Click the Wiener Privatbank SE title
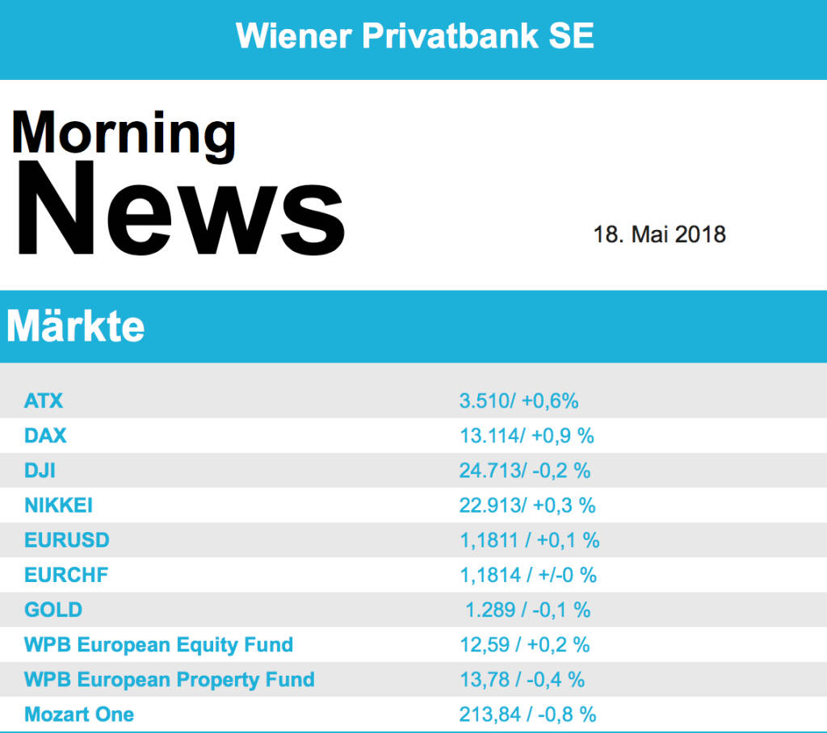point(414,36)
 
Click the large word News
point(178,211)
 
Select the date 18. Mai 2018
point(659,235)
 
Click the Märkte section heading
point(76,327)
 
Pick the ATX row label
point(44,400)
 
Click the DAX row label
point(45,435)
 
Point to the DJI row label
point(40,470)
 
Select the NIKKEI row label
point(58,505)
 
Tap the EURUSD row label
point(66,540)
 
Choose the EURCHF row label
point(66,575)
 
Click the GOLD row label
point(53,609)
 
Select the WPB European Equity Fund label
point(158,645)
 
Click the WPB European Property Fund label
point(169,680)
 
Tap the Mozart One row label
point(79,714)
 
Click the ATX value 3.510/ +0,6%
point(518,400)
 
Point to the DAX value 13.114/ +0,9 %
point(527,435)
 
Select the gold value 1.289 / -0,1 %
point(527,609)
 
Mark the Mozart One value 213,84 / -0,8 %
point(527,714)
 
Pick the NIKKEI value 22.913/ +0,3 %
point(527,505)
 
